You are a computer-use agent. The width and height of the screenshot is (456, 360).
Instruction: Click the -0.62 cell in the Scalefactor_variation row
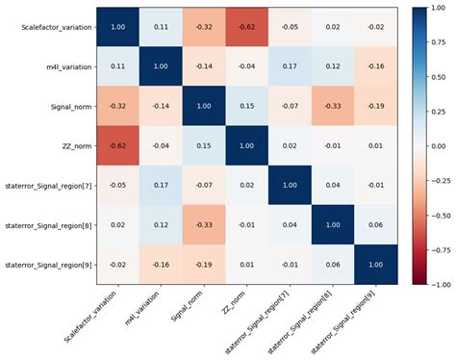coord(247,28)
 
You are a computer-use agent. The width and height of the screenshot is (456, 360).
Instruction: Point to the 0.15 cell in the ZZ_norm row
coord(207,149)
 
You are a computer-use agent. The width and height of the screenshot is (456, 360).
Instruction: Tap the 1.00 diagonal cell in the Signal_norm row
coord(207,109)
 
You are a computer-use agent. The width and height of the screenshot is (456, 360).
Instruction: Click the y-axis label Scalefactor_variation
coord(58,28)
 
